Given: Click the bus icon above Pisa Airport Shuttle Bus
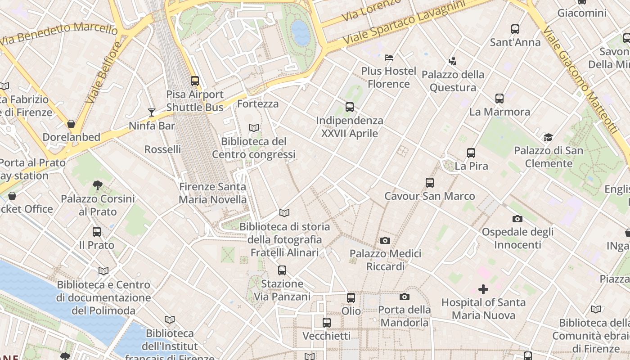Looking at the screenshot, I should pyautogui.click(x=195, y=81).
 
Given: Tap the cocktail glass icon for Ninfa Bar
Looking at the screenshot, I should pyautogui.click(x=152, y=112).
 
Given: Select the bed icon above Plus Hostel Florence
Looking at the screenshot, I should pyautogui.click(x=389, y=58).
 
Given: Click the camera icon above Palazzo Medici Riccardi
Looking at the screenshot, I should pyautogui.click(x=385, y=241).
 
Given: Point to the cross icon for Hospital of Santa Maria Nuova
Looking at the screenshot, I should pyautogui.click(x=483, y=289).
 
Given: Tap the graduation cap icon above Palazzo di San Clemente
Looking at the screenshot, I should pyautogui.click(x=548, y=137).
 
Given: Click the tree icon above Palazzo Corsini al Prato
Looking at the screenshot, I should pyautogui.click(x=97, y=185).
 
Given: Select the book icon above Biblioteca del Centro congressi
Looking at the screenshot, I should pyautogui.click(x=254, y=128).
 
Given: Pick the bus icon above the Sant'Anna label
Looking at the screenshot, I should pyautogui.click(x=515, y=29).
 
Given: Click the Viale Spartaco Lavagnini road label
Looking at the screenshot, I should pyautogui.click(x=404, y=22).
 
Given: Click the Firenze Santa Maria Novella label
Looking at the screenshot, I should pyautogui.click(x=213, y=193).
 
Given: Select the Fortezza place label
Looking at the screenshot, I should pyautogui.click(x=258, y=104).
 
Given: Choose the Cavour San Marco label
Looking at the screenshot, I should pyautogui.click(x=430, y=196).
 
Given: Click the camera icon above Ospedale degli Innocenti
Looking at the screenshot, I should pyautogui.click(x=517, y=219).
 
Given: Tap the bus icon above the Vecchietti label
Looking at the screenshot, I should pyautogui.click(x=327, y=323).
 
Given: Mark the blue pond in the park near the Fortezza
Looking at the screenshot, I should pyautogui.click(x=301, y=32).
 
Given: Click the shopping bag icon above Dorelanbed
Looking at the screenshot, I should pyautogui.click(x=71, y=124).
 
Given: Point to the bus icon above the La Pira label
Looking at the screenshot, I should pyautogui.click(x=471, y=153).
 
